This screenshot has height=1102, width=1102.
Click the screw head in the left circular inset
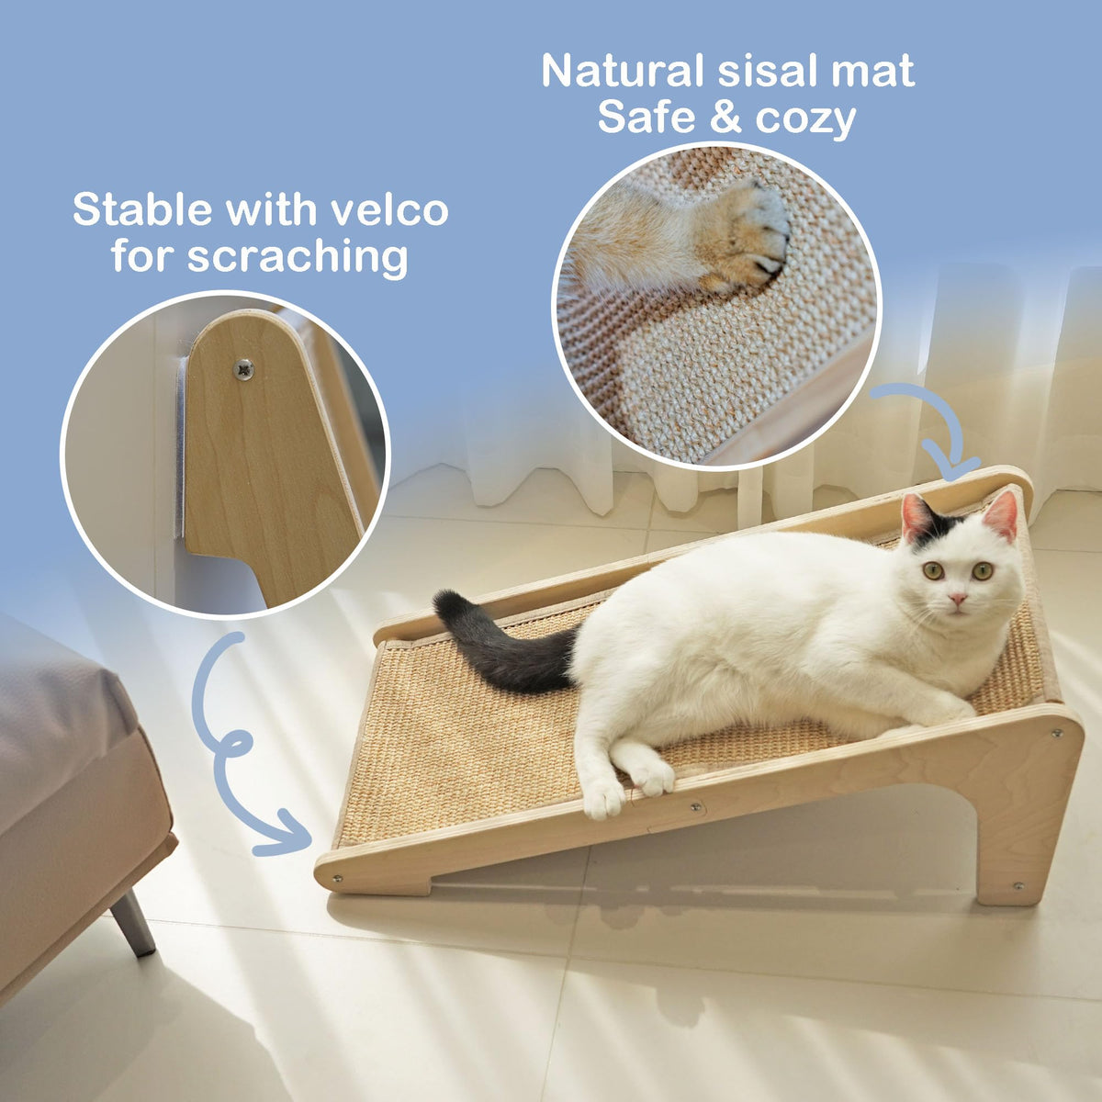coord(245,369)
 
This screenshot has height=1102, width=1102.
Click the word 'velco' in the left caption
coord(389,209)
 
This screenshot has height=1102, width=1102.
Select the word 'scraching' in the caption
coord(298,257)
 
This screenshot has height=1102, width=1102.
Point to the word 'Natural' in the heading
coord(623,72)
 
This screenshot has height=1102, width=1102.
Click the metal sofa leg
coord(133,921)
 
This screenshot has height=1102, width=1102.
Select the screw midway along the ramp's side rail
coord(695,807)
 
